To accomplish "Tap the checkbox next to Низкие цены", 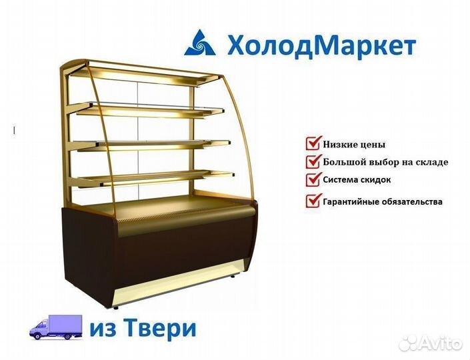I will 313,143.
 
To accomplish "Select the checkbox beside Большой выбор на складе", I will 313,161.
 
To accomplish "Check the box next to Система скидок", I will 313,179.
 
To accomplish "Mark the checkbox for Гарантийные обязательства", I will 313,200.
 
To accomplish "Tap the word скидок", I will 376,180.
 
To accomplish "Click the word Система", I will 341,180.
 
